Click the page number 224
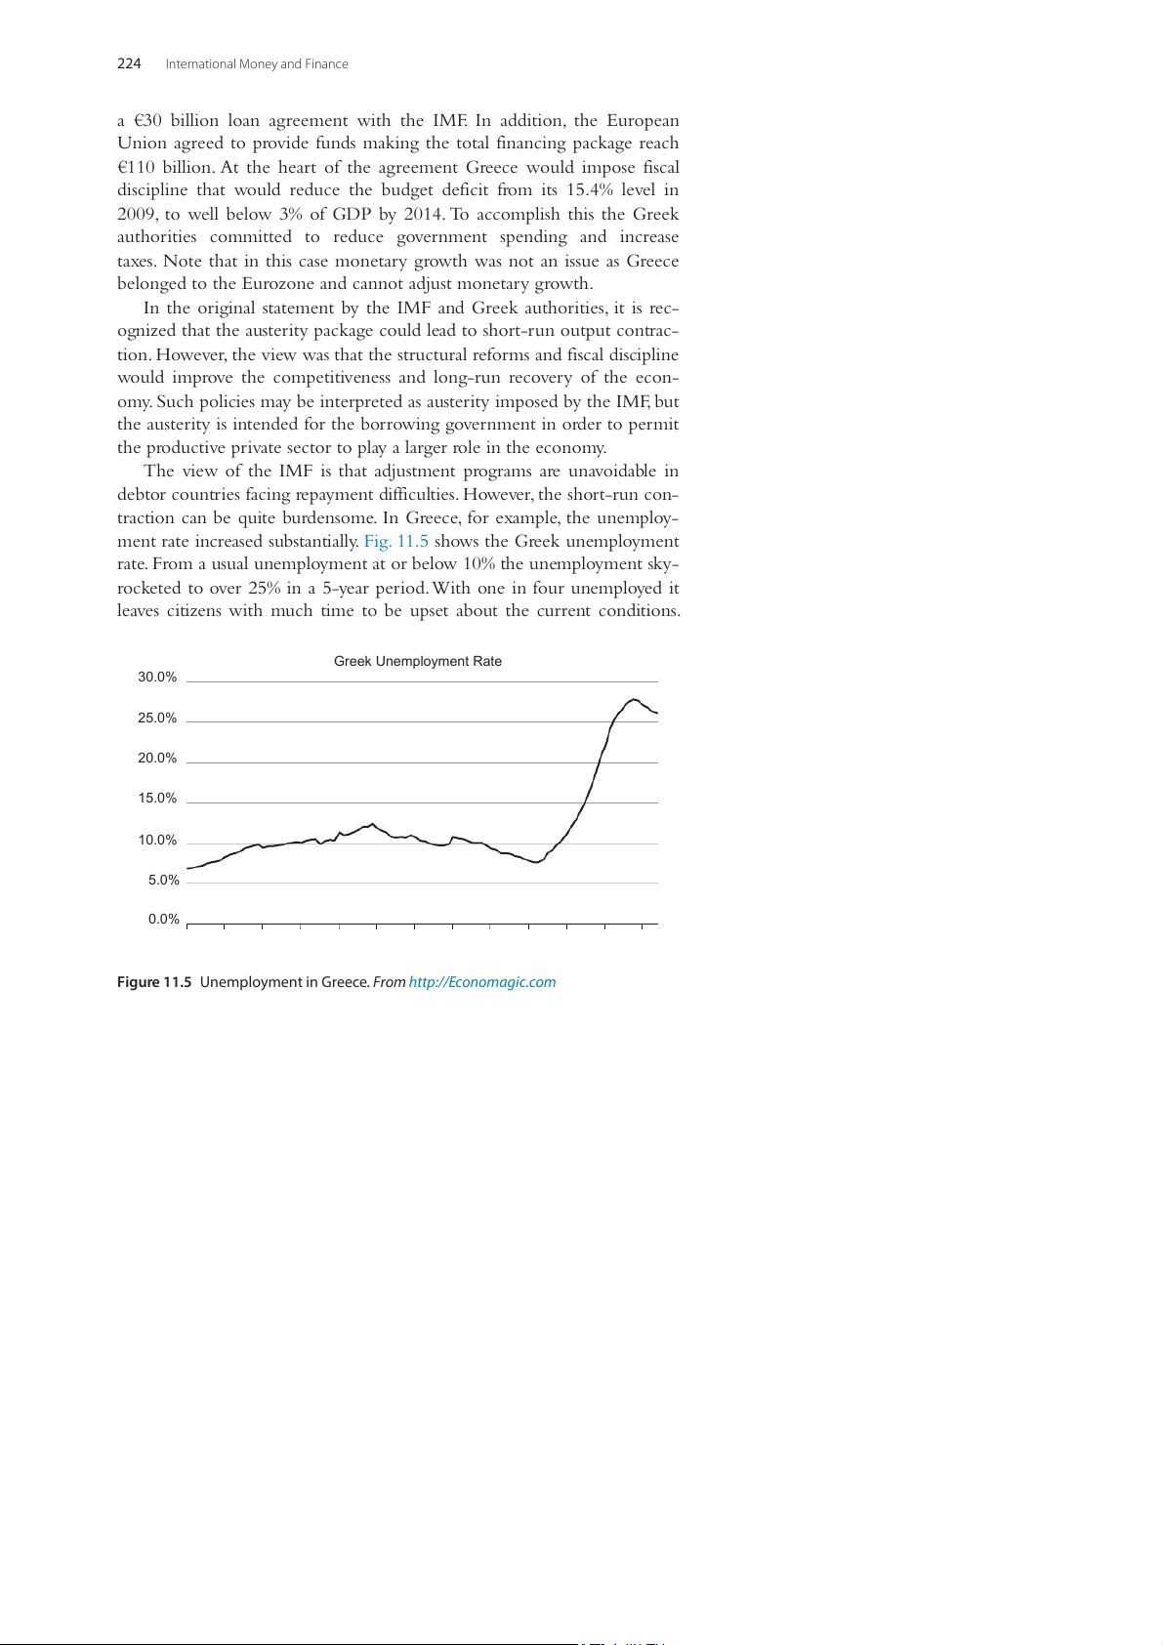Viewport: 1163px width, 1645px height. [x=129, y=64]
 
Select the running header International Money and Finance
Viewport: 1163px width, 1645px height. [x=257, y=64]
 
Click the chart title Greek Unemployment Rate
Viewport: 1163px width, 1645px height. [x=418, y=661]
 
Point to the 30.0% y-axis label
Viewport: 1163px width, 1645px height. [x=157, y=678]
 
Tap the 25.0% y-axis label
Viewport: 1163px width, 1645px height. [x=157, y=719]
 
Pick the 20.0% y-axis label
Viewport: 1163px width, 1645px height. [x=157, y=759]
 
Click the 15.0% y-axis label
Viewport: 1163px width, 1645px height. [x=157, y=799]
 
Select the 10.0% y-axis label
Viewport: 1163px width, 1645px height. [x=157, y=841]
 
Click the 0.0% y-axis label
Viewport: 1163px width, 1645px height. [x=164, y=920]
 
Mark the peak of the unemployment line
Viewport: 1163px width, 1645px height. [x=634, y=699]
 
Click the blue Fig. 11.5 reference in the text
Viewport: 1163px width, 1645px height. [x=395, y=542]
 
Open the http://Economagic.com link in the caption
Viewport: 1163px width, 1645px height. [x=482, y=982]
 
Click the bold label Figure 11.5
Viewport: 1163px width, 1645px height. [x=154, y=982]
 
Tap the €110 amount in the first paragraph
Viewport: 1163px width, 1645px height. [x=136, y=167]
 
